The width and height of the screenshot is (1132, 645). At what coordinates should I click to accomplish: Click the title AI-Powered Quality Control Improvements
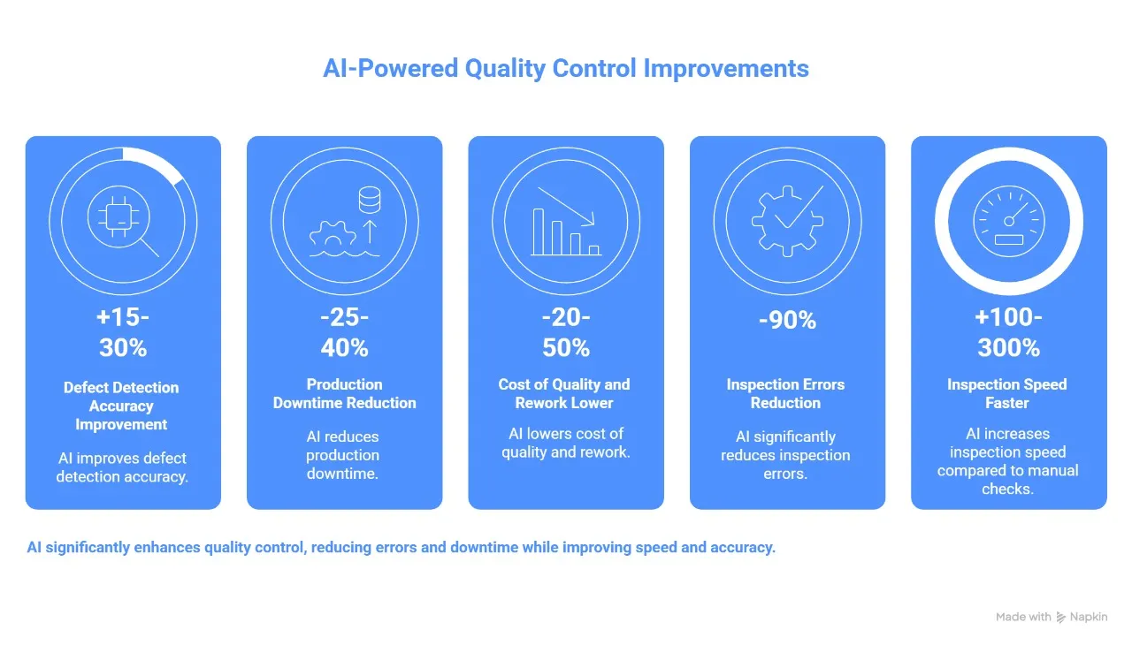click(x=566, y=68)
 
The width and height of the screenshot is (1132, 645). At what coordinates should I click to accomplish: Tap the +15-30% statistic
click(x=123, y=333)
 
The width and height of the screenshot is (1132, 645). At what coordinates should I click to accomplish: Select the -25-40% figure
click(x=344, y=333)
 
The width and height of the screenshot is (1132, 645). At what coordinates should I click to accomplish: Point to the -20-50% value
click(x=566, y=333)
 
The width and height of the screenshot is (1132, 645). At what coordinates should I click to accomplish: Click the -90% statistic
click(x=787, y=320)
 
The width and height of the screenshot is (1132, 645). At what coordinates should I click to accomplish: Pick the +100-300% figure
click(x=1008, y=333)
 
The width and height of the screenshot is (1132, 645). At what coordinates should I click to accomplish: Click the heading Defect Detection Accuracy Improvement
click(x=121, y=406)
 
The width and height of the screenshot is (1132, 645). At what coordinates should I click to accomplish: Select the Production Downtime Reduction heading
click(x=344, y=393)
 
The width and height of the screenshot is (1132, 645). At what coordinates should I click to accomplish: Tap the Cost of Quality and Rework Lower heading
click(x=564, y=393)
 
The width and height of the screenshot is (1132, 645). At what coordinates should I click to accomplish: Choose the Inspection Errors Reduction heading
click(x=785, y=393)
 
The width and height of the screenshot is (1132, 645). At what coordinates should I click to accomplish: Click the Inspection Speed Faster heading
click(x=1006, y=393)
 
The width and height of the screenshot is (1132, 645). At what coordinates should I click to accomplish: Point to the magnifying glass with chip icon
click(x=124, y=221)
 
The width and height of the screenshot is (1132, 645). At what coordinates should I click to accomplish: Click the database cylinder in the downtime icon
click(x=369, y=200)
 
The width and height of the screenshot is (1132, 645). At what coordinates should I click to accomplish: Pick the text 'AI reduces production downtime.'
click(x=342, y=455)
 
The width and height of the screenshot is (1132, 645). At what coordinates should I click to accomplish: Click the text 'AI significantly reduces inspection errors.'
click(x=785, y=455)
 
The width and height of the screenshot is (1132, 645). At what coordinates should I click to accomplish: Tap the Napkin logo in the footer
click(x=1082, y=617)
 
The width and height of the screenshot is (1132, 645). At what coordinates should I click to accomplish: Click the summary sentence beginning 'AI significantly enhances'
click(x=401, y=547)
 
